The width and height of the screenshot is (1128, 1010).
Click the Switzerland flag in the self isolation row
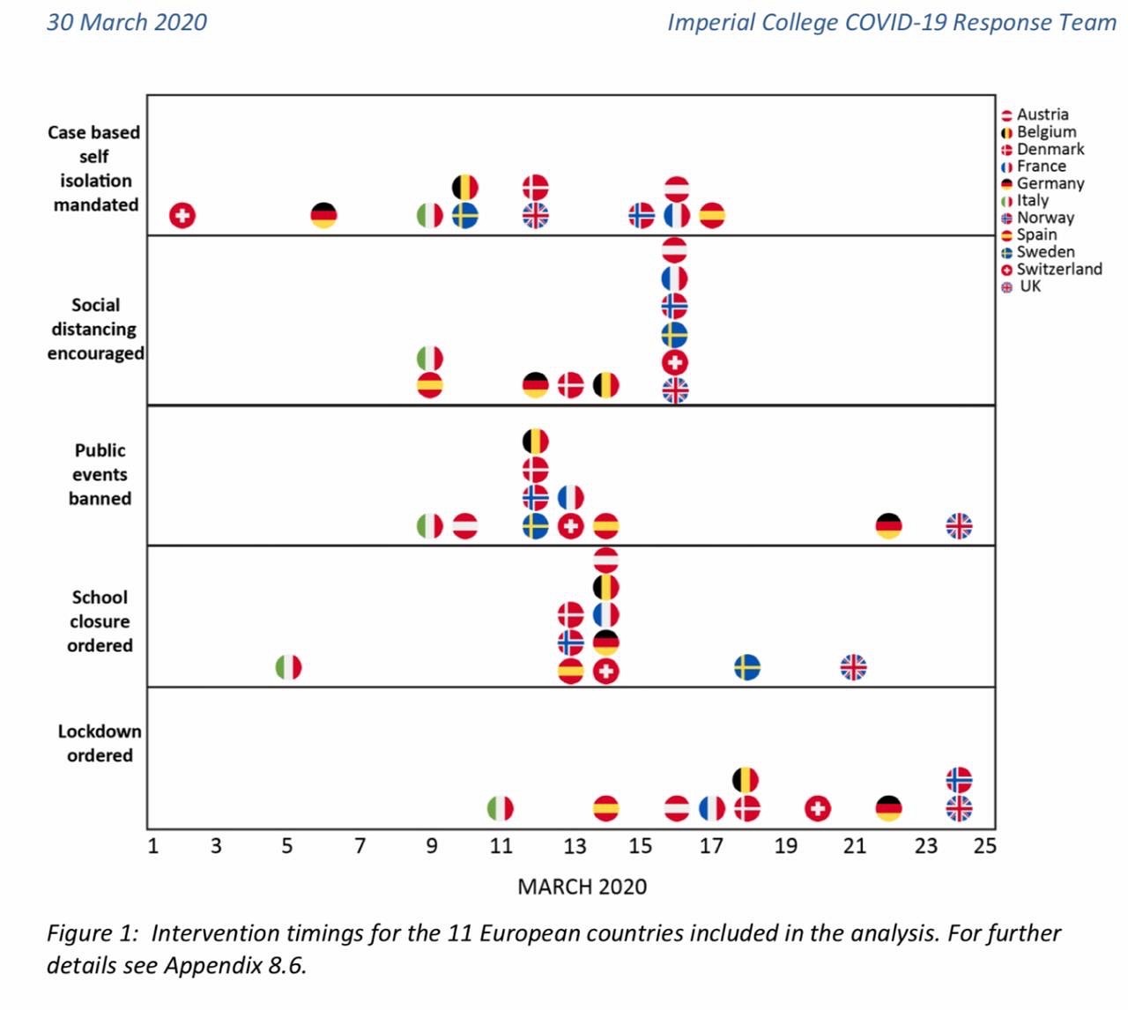click(182, 215)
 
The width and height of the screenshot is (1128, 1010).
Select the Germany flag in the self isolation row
click(324, 215)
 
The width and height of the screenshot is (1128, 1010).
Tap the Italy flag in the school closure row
click(288, 667)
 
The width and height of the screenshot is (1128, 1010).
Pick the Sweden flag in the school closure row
click(747, 667)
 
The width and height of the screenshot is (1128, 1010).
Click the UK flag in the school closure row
click(853, 667)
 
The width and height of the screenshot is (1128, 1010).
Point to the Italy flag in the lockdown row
click(501, 808)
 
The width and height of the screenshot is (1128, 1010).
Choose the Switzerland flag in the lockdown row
click(818, 808)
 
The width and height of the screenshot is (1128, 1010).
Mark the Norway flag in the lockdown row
click(959, 780)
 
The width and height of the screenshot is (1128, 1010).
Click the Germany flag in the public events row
click(888, 526)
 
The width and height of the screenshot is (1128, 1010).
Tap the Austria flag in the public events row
click(465, 526)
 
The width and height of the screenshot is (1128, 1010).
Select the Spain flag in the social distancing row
click(429, 386)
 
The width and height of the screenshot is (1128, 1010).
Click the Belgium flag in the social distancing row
click(605, 385)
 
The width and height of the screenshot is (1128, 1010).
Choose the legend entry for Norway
click(1045, 218)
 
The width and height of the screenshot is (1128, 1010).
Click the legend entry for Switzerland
click(1058, 270)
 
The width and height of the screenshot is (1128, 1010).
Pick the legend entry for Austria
click(1042, 115)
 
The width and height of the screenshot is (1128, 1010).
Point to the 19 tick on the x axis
click(785, 846)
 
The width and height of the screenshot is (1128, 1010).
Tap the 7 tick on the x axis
click(360, 846)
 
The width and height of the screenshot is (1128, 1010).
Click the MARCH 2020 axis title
click(582, 887)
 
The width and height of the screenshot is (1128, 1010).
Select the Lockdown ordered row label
click(100, 743)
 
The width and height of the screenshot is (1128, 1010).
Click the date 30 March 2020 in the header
click(127, 22)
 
